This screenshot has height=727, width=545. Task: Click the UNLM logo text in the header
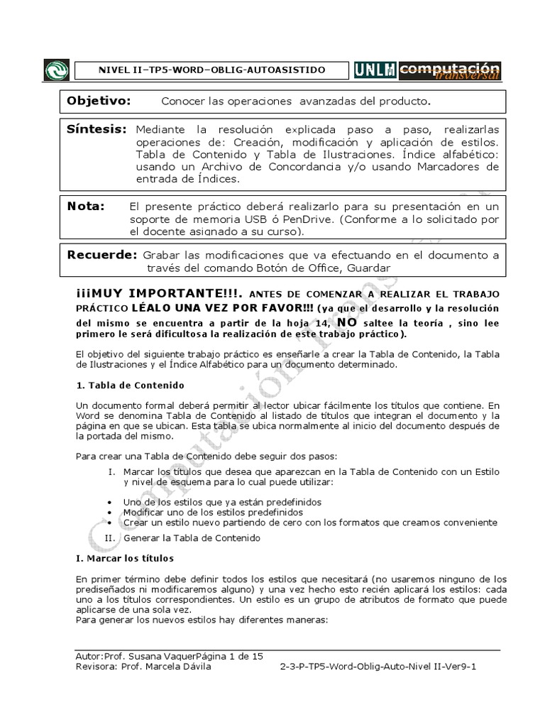(375, 70)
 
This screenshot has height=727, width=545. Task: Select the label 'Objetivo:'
(99, 101)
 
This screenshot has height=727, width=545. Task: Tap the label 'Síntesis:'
(97, 130)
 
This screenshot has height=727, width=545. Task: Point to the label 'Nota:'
(86, 206)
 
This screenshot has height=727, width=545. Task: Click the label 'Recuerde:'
(101, 254)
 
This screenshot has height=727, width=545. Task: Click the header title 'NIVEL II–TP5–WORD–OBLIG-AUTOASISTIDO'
(211, 70)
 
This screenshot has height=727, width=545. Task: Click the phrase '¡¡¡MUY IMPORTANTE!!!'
(160, 293)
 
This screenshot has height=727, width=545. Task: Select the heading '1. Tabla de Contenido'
(130, 385)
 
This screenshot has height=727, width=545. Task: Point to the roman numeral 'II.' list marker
(111, 538)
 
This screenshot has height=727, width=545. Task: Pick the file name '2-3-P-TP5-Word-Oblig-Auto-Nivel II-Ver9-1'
(378, 667)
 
